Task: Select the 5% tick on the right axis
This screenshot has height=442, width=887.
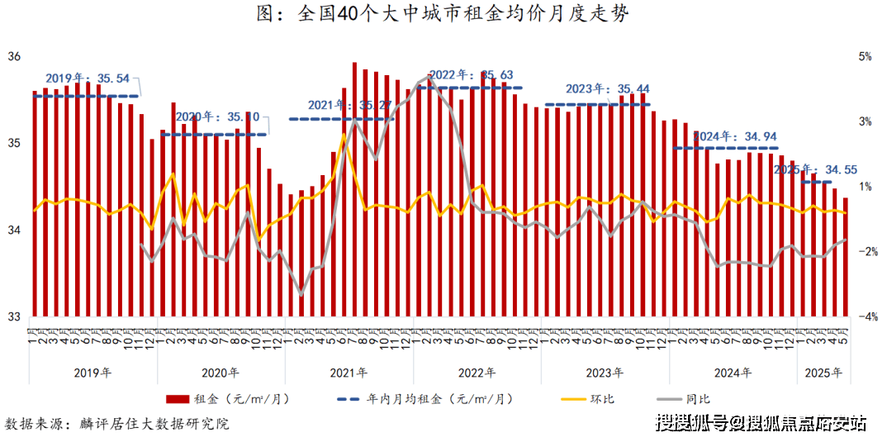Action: [865, 56]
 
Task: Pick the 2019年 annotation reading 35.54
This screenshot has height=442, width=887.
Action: [88, 78]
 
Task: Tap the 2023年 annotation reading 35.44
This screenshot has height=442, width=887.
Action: [608, 89]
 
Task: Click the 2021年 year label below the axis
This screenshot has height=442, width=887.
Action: [349, 372]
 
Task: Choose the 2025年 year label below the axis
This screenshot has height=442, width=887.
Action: [824, 372]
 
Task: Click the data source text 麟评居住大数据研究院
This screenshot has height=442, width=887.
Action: [154, 424]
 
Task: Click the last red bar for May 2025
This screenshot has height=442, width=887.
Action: [845, 256]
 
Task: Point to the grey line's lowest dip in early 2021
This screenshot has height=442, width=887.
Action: [301, 294]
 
